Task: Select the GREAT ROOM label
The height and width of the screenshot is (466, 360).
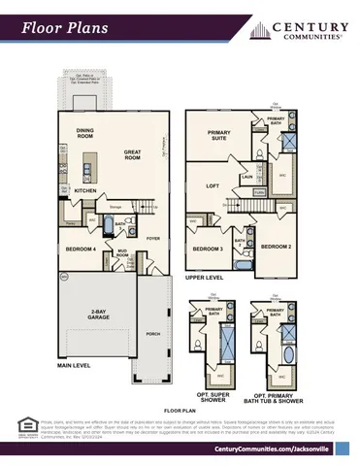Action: click(132, 153)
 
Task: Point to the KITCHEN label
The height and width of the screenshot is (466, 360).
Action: click(86, 190)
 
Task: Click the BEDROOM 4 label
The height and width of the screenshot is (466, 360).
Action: click(81, 249)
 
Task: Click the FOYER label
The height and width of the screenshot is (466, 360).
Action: click(152, 236)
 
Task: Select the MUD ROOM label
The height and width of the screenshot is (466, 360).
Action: click(122, 254)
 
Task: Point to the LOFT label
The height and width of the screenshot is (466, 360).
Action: click(213, 184)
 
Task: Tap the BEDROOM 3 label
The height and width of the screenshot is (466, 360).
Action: click(206, 249)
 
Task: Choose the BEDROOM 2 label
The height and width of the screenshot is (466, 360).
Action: click(276, 246)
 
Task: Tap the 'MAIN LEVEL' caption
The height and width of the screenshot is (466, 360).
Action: click(73, 367)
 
